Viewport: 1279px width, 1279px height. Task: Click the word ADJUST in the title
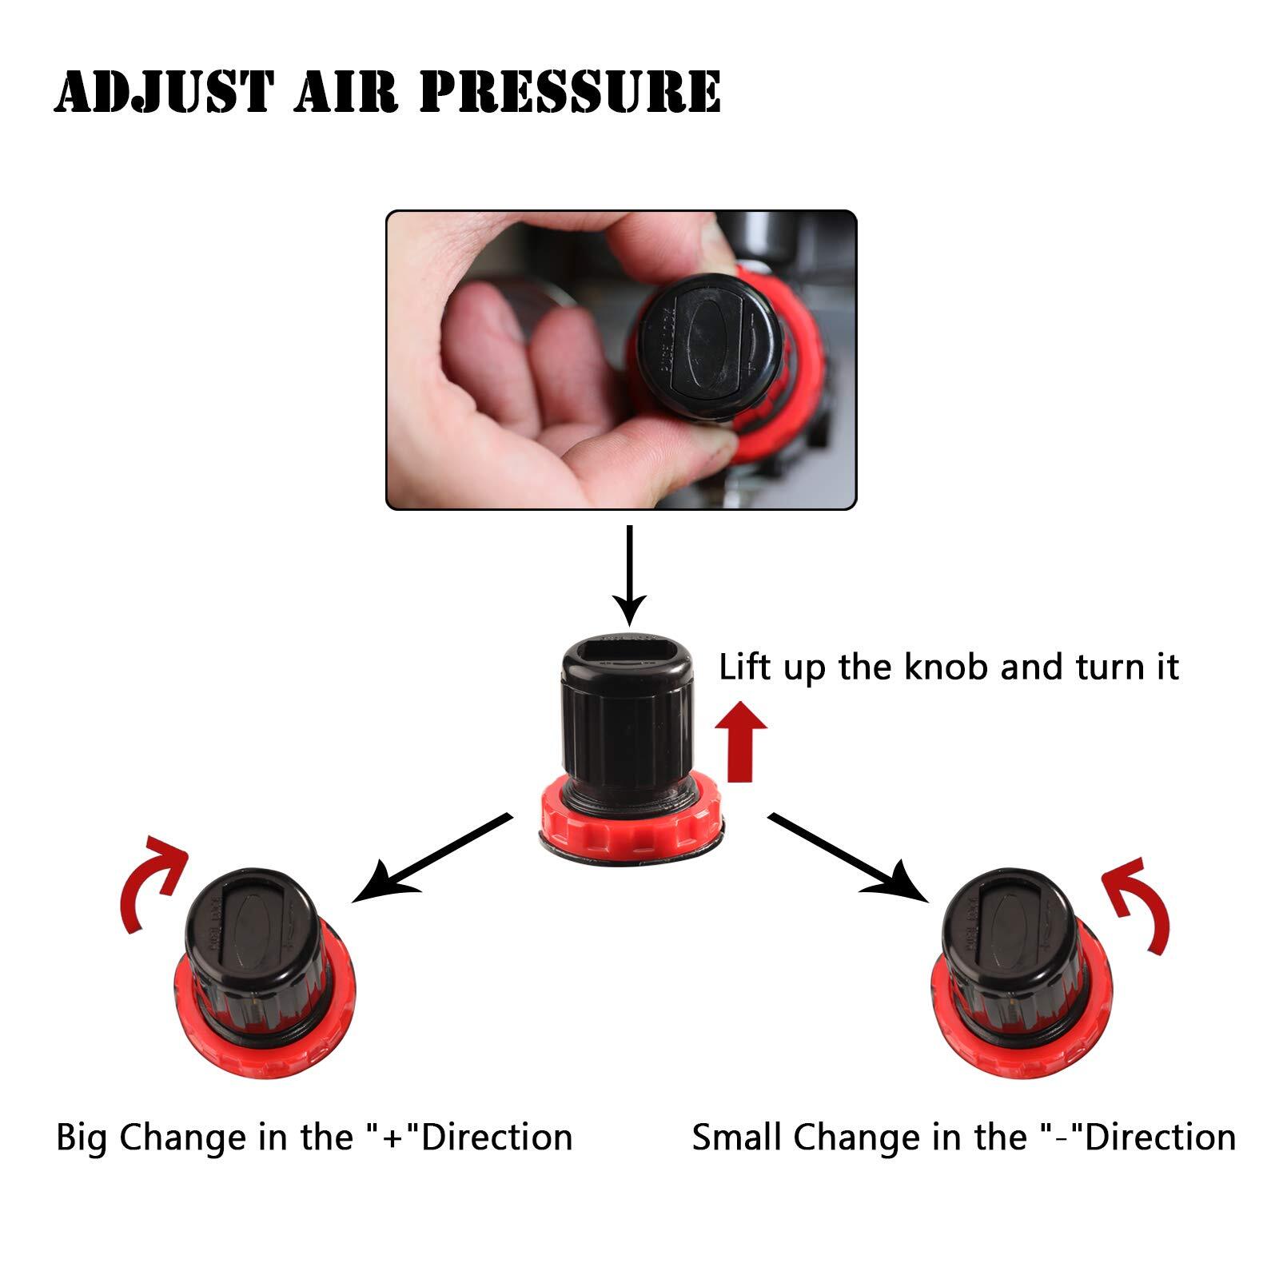[165, 91]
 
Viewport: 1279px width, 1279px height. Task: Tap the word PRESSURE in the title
[570, 91]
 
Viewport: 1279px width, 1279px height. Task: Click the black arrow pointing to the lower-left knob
[432, 859]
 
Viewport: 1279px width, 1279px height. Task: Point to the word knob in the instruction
[946, 667]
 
